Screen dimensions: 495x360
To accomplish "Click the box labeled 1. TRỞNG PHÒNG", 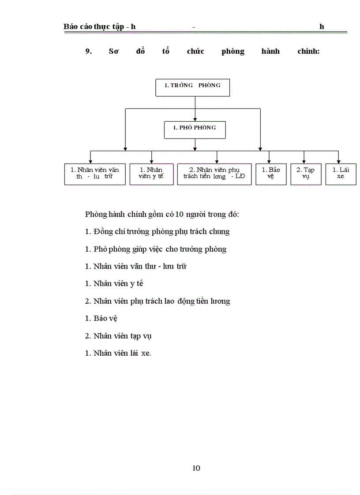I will click(x=193, y=87).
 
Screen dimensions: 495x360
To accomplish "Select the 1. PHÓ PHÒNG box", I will click(x=195, y=130).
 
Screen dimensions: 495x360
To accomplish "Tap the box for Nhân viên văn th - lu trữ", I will click(x=94, y=174).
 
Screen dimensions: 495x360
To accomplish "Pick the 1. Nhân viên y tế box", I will click(x=151, y=174).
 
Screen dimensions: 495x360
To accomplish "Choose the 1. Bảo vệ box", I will click(x=271, y=174).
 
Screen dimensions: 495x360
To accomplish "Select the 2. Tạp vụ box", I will click(x=306, y=174).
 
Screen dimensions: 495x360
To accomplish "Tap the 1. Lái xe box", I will click(x=341, y=174).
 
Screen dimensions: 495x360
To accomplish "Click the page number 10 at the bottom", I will click(x=196, y=468).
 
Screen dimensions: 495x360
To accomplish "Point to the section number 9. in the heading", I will click(x=88, y=51).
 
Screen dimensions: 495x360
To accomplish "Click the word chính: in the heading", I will click(x=308, y=51).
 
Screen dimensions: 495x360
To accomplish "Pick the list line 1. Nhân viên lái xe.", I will click(x=118, y=353).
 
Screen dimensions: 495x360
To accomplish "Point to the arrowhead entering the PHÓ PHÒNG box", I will click(x=195, y=119).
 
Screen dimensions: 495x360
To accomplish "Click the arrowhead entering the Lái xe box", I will click(x=338, y=162).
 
